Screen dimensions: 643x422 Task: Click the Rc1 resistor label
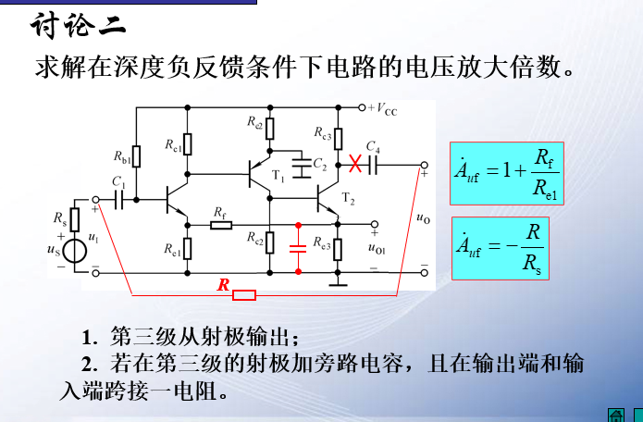(x=174, y=144)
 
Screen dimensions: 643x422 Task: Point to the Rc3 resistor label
(x=322, y=135)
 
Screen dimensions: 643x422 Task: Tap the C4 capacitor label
(x=373, y=147)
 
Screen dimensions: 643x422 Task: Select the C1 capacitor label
(x=117, y=181)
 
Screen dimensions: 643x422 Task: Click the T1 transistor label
(x=279, y=176)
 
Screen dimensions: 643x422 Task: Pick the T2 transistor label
(x=348, y=198)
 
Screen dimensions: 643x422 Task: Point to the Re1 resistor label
(x=172, y=249)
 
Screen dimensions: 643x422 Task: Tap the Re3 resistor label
(x=322, y=245)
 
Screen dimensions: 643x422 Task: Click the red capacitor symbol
(x=298, y=247)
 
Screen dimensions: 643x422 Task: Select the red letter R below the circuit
(x=222, y=286)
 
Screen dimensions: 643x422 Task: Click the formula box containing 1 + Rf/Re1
(x=507, y=173)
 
